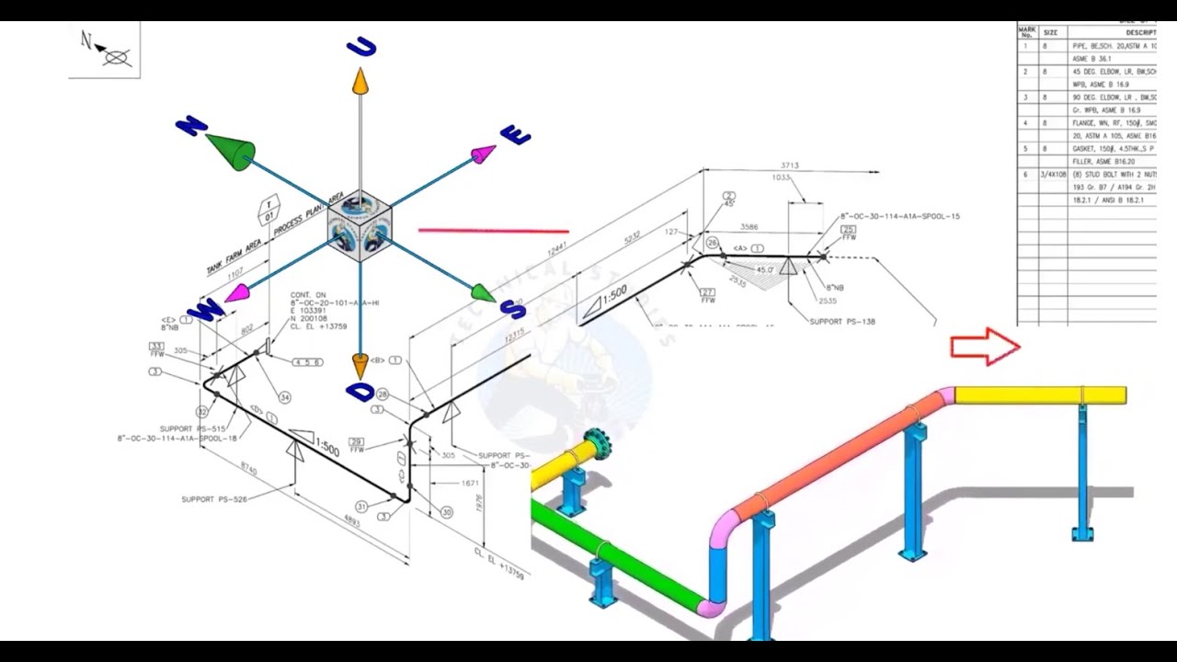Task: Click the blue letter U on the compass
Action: point(361,48)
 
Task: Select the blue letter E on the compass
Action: point(515,136)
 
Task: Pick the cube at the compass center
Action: point(360,226)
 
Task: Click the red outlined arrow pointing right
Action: point(985,347)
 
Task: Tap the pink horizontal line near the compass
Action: point(494,231)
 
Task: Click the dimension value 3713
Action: point(789,165)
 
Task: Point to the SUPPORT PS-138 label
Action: point(843,322)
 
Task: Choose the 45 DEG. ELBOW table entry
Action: point(1114,71)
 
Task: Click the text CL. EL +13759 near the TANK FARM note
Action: point(316,325)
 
